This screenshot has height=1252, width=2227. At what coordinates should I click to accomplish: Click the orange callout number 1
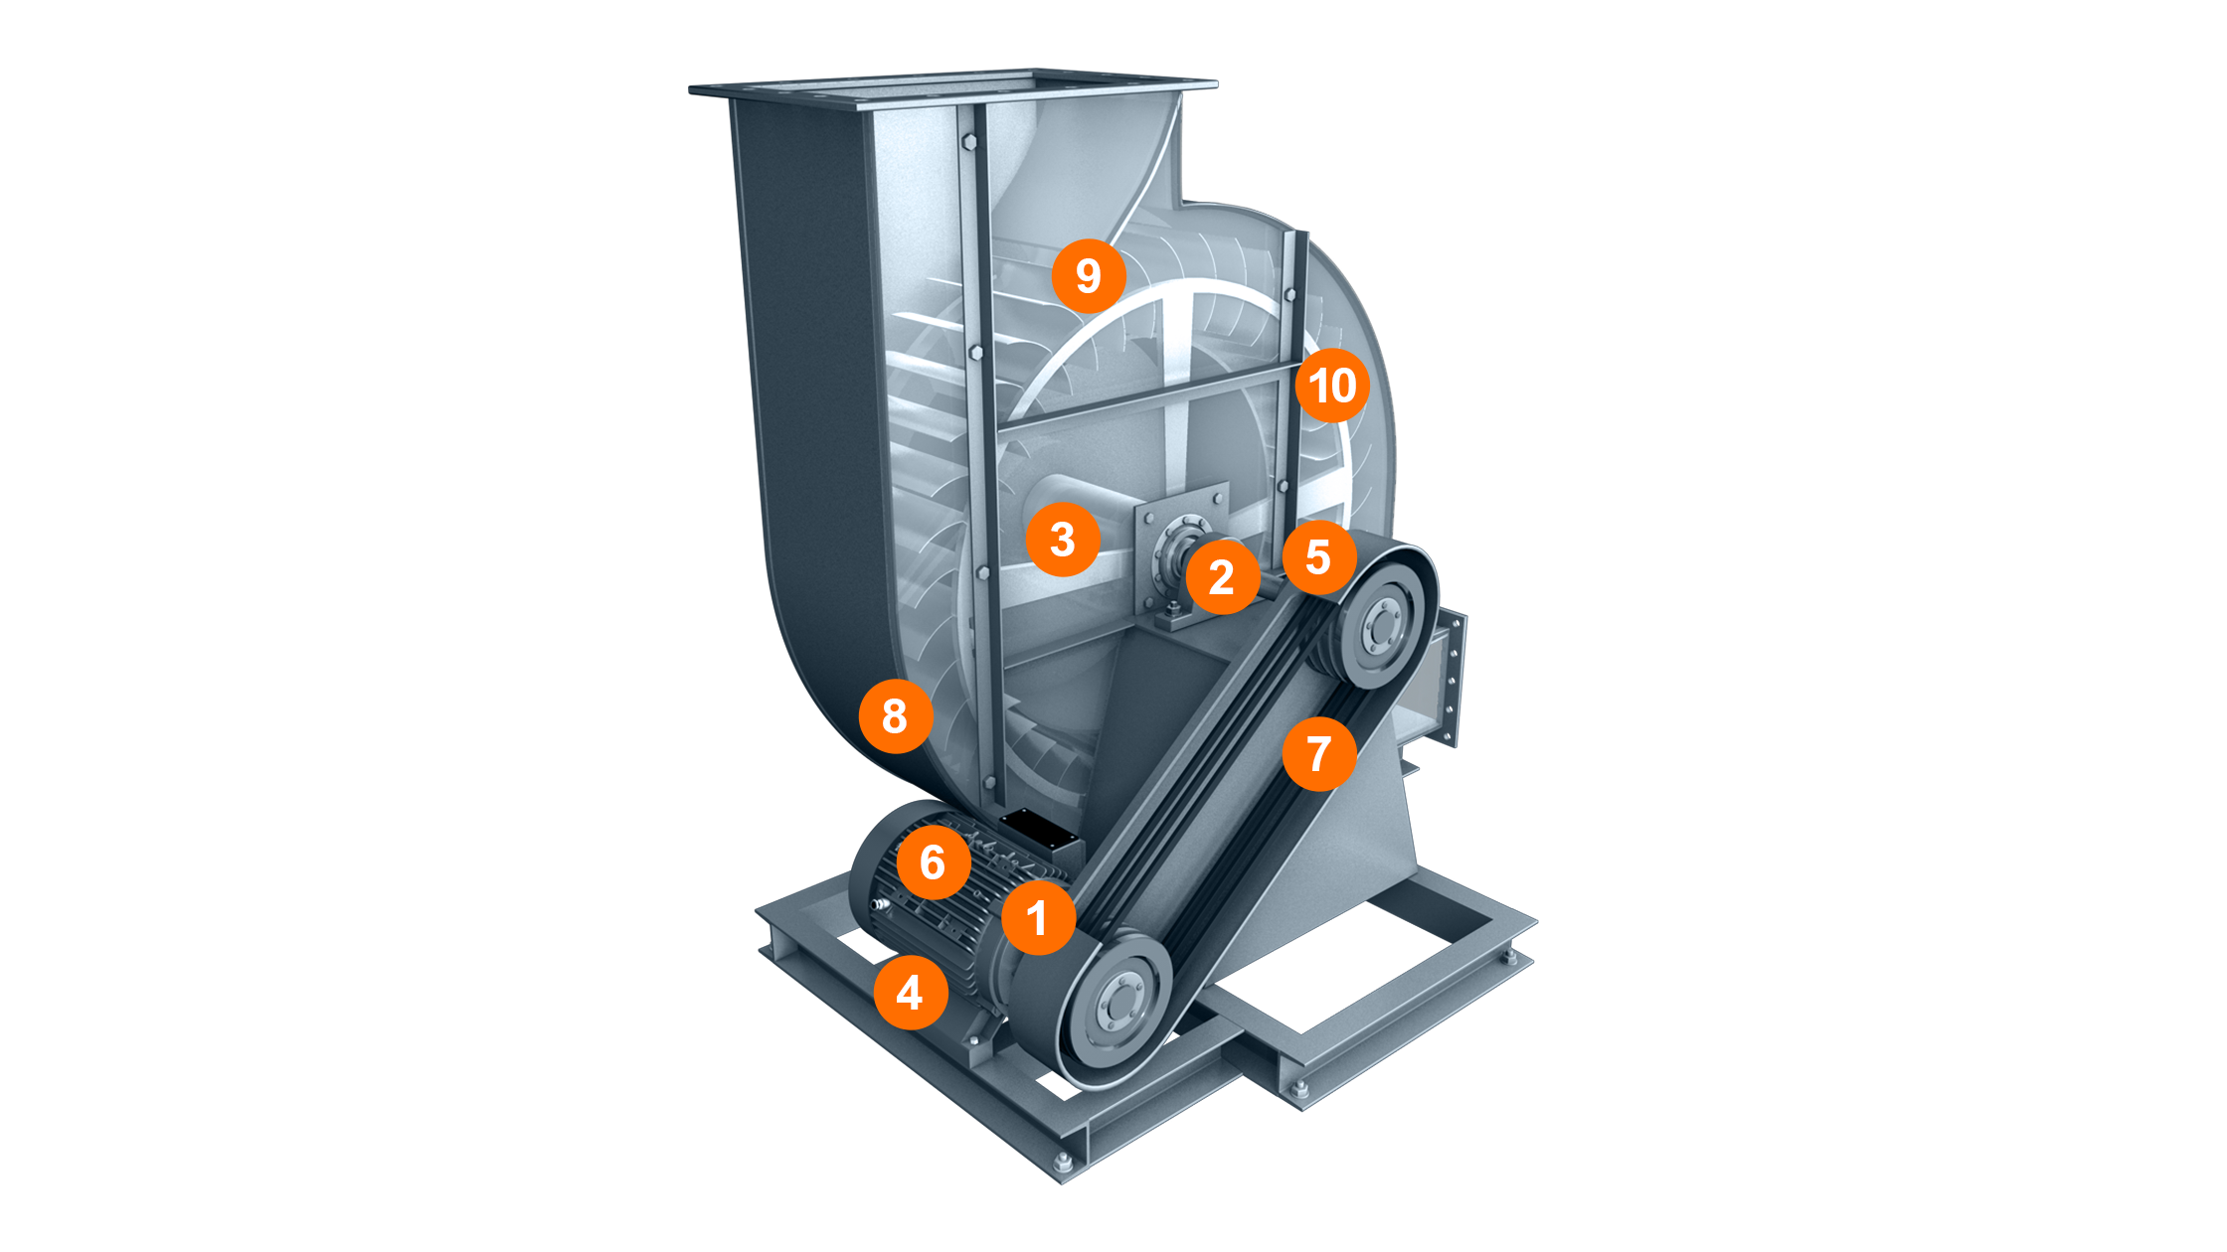(1038, 917)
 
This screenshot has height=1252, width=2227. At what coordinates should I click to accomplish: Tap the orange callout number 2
(1222, 576)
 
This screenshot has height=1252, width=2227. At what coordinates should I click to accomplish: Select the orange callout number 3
(1063, 540)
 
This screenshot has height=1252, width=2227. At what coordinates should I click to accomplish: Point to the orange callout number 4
(910, 992)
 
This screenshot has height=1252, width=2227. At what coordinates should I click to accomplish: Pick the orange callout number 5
(1318, 556)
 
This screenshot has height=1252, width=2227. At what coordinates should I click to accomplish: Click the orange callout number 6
(933, 861)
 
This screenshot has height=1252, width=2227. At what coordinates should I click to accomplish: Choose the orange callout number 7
(1318, 753)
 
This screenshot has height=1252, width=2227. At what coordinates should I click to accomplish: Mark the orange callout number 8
(895, 715)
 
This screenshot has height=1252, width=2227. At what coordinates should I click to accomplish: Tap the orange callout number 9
(1089, 275)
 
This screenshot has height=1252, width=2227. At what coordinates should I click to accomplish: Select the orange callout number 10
(1332, 385)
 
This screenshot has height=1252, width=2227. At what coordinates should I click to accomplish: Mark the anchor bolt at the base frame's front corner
(1061, 1163)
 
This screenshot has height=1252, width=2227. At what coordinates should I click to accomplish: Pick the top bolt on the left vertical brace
(969, 143)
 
